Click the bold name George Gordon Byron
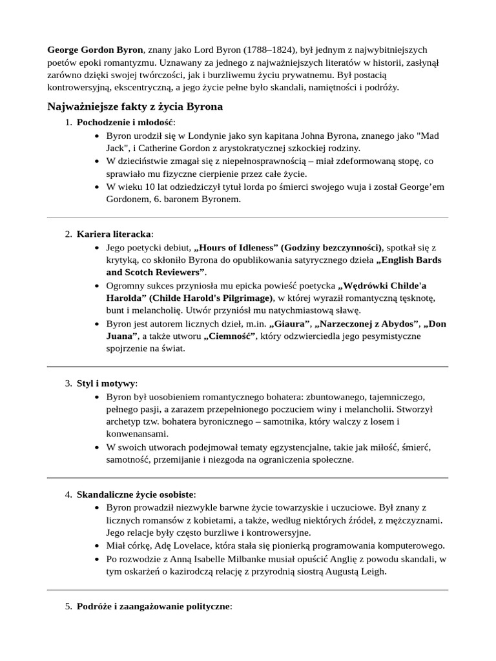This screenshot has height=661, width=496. tap(95, 50)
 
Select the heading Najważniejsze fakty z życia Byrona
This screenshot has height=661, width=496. tap(135, 107)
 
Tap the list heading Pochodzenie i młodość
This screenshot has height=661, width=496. tap(125, 123)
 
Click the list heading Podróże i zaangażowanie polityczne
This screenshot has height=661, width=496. tap(154, 606)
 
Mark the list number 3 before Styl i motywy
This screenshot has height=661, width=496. tap(68, 383)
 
